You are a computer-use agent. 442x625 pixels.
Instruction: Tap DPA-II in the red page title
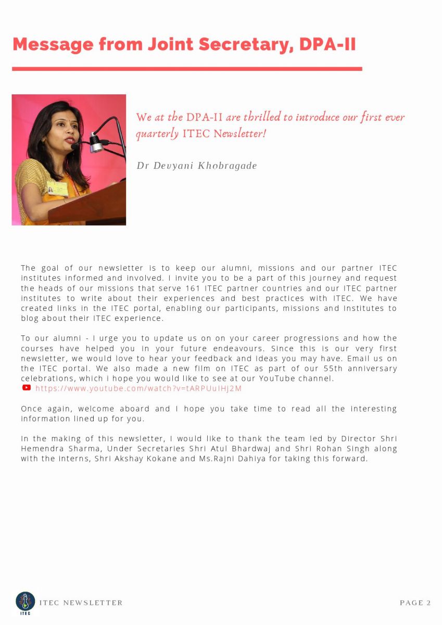point(327,44)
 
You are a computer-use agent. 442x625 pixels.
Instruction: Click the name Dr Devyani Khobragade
point(196,166)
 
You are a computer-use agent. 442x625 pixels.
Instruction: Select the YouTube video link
point(138,389)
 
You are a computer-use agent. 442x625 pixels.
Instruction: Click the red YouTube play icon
point(27,387)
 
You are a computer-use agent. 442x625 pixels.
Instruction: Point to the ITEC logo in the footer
point(25,602)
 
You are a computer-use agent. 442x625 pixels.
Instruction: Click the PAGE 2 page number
point(415,603)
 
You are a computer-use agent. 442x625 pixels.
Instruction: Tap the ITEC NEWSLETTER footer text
point(81,603)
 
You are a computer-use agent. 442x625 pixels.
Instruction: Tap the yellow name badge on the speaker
point(57,188)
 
